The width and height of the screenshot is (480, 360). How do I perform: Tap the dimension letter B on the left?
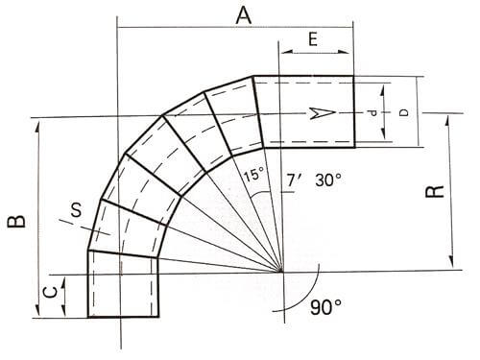point(16,222)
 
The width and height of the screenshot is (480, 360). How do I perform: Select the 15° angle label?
point(252,176)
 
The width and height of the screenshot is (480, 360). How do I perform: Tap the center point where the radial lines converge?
point(282,272)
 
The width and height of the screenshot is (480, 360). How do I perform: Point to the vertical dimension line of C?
point(64,296)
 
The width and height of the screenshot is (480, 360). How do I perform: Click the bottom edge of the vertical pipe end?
point(124,318)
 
